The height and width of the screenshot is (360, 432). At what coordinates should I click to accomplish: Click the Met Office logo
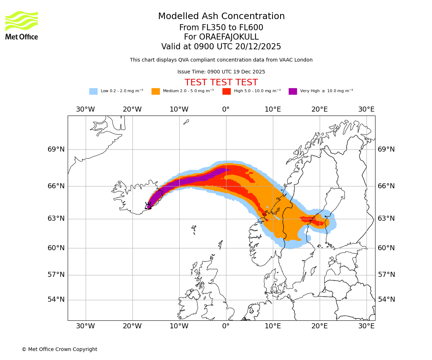[22, 25]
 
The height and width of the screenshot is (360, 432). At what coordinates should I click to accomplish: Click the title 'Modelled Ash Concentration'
[221, 16]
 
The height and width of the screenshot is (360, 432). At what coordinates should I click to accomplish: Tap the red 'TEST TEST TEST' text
[221, 82]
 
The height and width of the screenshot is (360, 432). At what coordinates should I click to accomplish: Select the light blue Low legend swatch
[93, 91]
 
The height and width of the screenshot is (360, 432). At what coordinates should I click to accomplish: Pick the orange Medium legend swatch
[156, 91]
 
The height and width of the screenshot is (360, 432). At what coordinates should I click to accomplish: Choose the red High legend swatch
[226, 91]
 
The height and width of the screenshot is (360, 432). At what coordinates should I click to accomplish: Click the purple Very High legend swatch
[293, 91]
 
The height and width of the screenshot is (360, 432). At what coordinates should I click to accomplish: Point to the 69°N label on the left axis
[56, 149]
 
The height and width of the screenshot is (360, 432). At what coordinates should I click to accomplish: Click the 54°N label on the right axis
[386, 300]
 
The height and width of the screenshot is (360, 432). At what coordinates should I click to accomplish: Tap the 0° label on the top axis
[226, 109]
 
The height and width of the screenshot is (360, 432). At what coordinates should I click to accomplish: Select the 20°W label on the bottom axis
[132, 326]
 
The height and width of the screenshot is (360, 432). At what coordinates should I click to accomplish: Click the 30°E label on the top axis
[366, 109]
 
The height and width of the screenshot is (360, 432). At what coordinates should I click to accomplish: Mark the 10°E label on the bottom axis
[273, 326]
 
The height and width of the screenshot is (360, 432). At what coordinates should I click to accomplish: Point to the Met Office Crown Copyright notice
[59, 349]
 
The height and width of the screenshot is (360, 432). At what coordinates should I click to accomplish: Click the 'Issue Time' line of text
[221, 72]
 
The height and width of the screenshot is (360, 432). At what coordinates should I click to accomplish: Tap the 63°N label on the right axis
[386, 219]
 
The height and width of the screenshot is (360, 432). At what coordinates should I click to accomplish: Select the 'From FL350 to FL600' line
[221, 28]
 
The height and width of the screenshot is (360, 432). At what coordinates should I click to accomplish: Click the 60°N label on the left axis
[56, 248]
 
